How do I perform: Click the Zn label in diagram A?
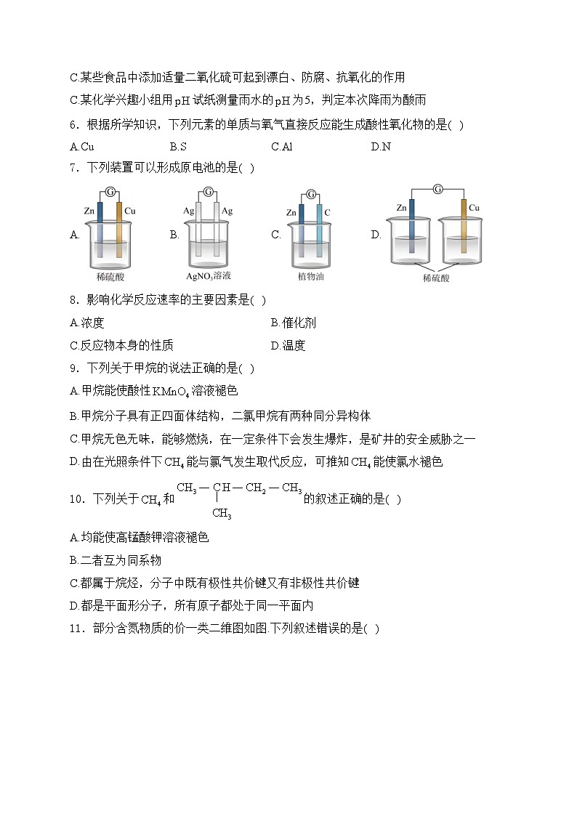click(89, 211)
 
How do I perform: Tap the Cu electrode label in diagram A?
click(130, 211)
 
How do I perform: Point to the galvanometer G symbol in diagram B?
click(209, 192)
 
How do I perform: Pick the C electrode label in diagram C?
click(328, 212)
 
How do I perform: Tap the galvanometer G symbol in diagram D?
click(437, 189)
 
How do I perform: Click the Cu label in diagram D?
click(474, 208)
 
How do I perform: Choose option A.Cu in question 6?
click(81, 147)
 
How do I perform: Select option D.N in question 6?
click(381, 147)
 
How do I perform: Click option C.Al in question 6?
click(281, 147)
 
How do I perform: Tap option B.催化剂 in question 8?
click(293, 323)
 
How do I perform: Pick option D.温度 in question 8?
click(288, 345)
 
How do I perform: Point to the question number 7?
click(73, 169)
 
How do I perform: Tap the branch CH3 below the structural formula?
click(222, 514)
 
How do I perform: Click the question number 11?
click(77, 629)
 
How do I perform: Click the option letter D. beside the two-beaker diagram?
click(376, 235)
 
